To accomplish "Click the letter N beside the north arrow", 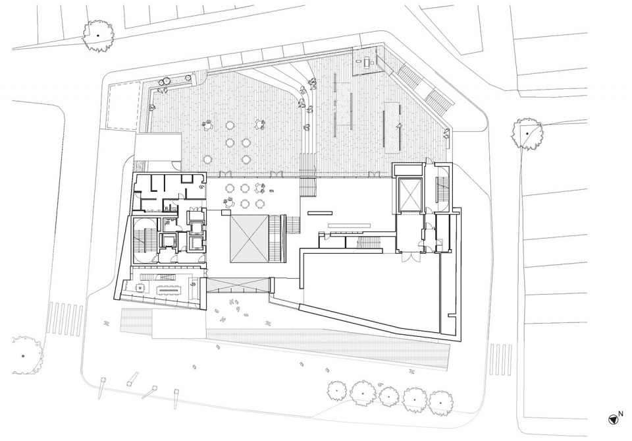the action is click(621, 413).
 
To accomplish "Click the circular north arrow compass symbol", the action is click(613, 420).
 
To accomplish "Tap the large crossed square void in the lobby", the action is click(249, 239).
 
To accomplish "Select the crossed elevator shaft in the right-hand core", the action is click(409, 194).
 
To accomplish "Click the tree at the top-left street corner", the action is click(98, 36).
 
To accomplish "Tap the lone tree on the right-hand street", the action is click(527, 134).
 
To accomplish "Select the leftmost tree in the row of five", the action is click(337, 390).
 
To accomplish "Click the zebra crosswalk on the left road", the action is click(65, 318).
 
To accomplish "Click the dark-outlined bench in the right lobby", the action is click(319, 213).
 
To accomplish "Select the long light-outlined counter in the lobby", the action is click(346, 225).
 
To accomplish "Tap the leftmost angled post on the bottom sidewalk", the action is click(103, 384).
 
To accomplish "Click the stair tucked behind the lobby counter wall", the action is click(369, 243).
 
